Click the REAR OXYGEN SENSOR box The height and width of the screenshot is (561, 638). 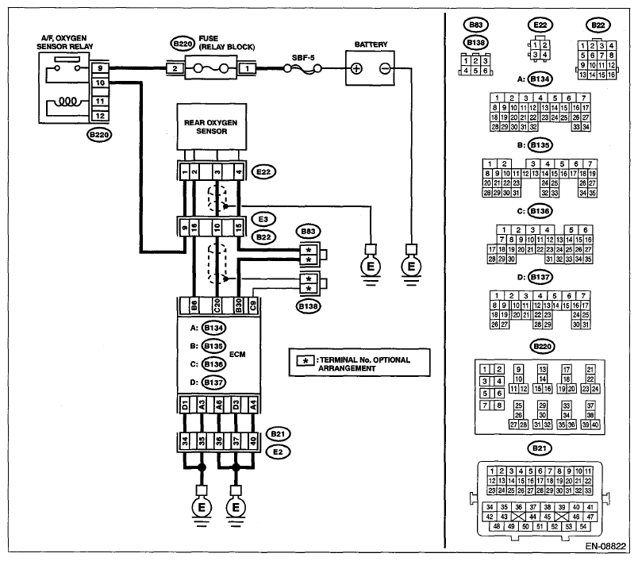click(x=212, y=126)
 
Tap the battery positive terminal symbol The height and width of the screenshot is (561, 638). click(x=356, y=69)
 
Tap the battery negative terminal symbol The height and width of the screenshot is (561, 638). click(x=385, y=69)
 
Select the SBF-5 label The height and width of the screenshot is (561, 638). click(x=303, y=58)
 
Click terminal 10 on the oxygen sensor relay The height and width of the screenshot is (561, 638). click(x=100, y=83)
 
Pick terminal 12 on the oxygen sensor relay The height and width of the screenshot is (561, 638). click(x=100, y=116)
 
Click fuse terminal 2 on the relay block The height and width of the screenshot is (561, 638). click(x=175, y=68)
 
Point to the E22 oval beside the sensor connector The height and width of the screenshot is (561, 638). click(x=263, y=171)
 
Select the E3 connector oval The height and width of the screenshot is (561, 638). click(x=263, y=219)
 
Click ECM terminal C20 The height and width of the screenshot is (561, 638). click(x=217, y=305)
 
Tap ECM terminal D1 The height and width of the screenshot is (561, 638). click(x=185, y=405)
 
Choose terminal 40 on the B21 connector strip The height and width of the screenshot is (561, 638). click(x=253, y=441)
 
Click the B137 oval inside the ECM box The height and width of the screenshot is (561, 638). click(x=213, y=382)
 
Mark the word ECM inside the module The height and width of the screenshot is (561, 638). click(x=237, y=355)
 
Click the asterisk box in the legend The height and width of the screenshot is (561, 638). click(x=306, y=360)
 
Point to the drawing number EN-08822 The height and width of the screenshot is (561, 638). click(x=605, y=546)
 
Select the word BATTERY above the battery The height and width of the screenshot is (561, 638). click(x=371, y=44)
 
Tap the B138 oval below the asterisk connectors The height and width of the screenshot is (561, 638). click(x=308, y=306)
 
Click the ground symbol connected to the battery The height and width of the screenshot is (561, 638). click(x=411, y=267)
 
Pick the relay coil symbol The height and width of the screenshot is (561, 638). click(x=68, y=101)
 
